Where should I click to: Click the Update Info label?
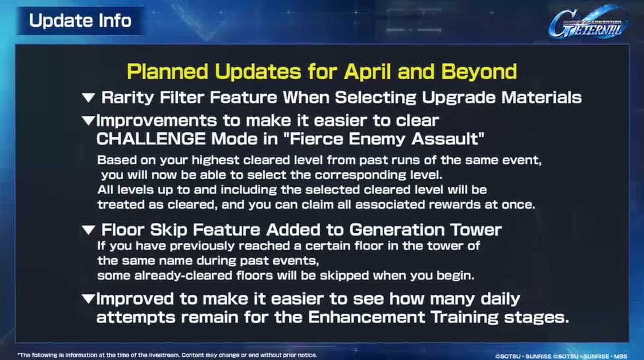[80, 20]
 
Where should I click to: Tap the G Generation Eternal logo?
[588, 22]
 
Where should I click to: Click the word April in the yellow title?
[367, 72]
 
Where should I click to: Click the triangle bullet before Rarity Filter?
[88, 97]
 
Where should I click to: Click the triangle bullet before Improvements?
[88, 120]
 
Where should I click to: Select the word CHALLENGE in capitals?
[151, 139]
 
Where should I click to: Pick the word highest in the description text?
[215, 160]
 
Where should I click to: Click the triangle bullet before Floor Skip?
[88, 230]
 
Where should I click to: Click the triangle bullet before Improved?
[88, 299]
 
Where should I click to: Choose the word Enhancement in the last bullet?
[366, 317]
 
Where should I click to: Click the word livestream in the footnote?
[164, 355]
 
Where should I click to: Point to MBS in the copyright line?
[620, 356]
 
